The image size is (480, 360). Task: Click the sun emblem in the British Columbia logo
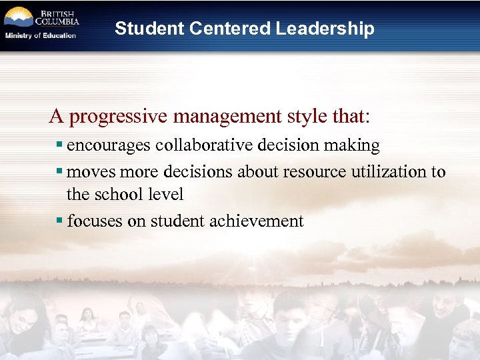(18, 16)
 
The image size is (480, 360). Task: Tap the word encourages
(109, 145)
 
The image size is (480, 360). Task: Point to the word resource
(312, 172)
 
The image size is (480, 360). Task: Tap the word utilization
(389, 172)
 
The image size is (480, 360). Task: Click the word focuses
(95, 221)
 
